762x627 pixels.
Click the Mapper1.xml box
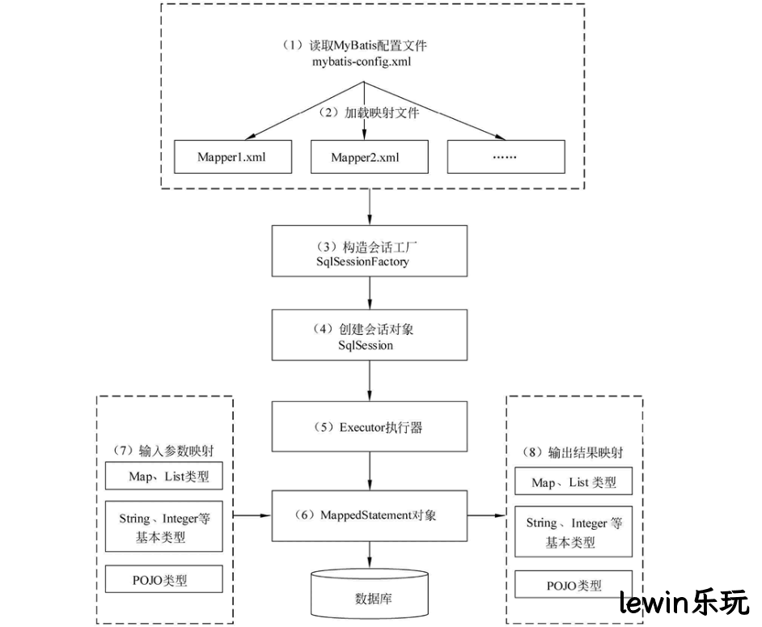(x=233, y=156)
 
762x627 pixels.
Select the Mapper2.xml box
(x=370, y=156)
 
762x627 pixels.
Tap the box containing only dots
(x=506, y=156)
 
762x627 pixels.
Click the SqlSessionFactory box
(x=370, y=251)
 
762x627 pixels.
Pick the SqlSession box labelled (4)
(x=370, y=335)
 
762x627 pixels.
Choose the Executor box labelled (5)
(x=370, y=426)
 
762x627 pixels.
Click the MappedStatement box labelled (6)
(x=370, y=515)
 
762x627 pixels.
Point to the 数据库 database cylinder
(x=370, y=594)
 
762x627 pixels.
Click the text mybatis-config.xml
(x=362, y=62)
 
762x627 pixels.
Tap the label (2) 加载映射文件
(x=368, y=112)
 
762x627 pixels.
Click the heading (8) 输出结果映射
(x=573, y=452)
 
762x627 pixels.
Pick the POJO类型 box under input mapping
(x=163, y=578)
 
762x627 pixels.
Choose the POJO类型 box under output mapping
(x=574, y=584)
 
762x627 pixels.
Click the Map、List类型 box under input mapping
(x=163, y=476)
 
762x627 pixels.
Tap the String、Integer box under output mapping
(x=574, y=532)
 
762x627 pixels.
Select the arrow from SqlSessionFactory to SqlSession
(x=370, y=293)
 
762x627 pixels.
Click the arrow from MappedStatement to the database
(x=370, y=555)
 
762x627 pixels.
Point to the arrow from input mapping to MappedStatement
(x=252, y=515)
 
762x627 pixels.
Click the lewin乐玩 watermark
(x=684, y=603)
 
